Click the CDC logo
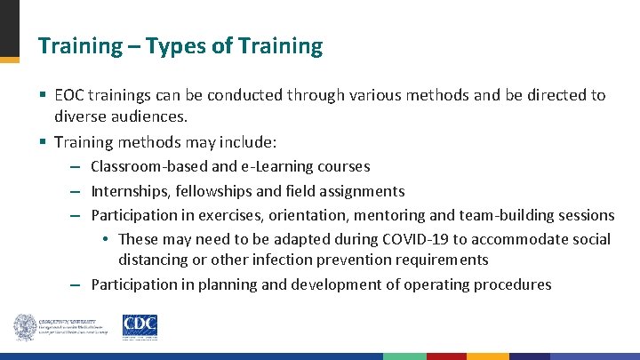pos(140,327)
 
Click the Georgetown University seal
pos(24,327)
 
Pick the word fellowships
pos(216,191)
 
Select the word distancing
pos(152,260)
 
